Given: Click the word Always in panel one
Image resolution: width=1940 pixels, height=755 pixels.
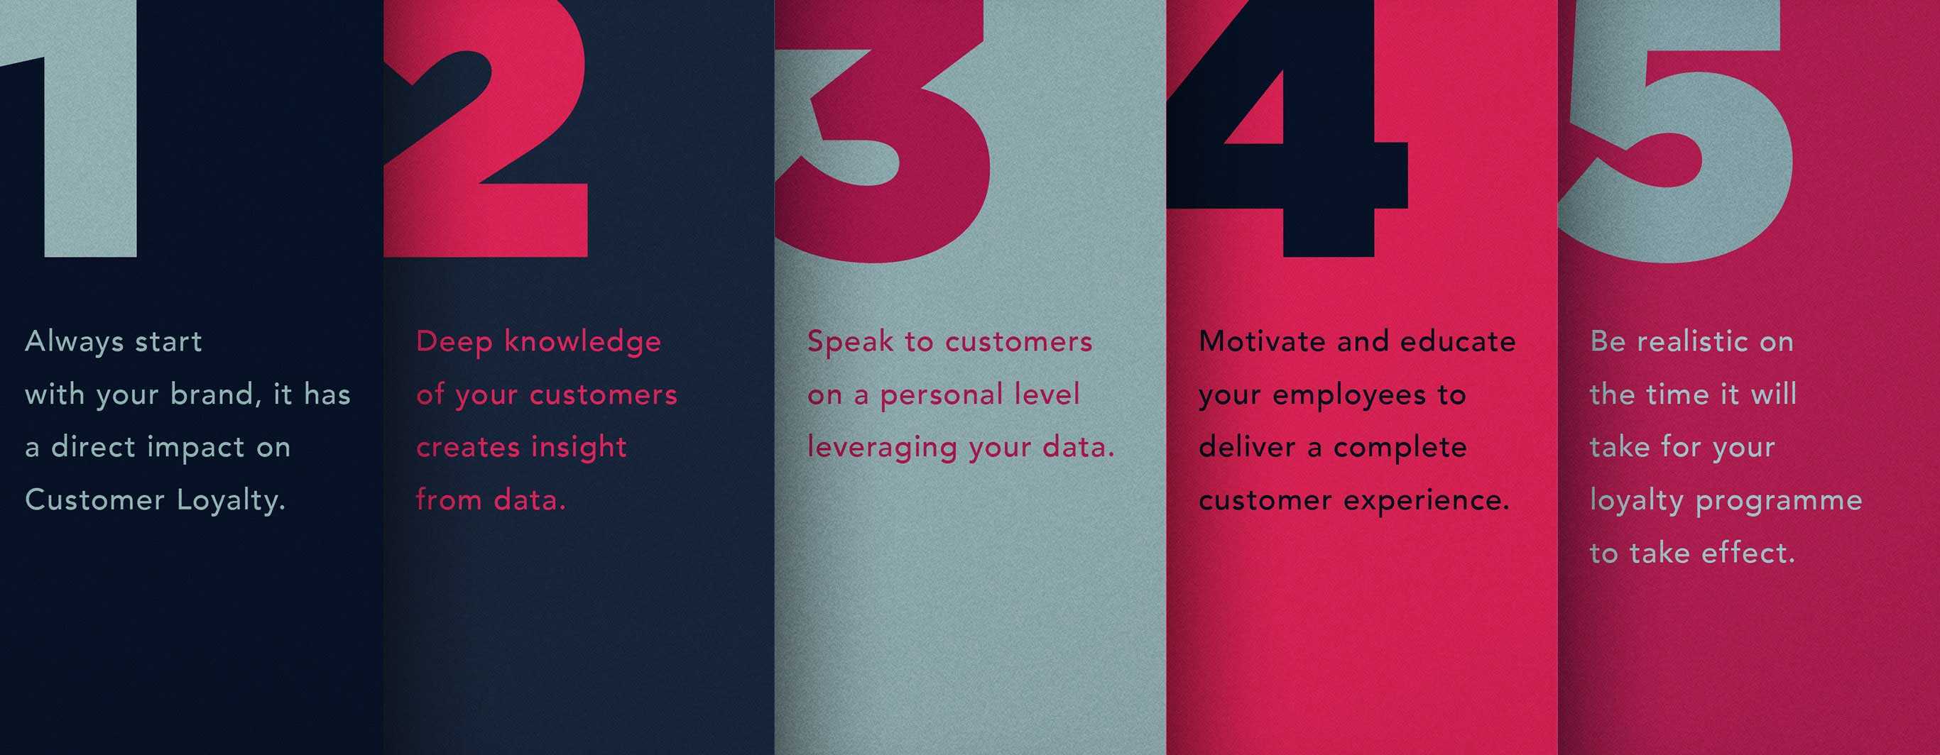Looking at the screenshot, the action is pyautogui.click(x=75, y=343).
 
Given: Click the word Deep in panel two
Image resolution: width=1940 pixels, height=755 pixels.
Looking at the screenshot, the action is pyautogui.click(x=454, y=343).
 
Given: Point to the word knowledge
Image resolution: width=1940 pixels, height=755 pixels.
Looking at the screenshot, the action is pyautogui.click(x=583, y=343).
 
